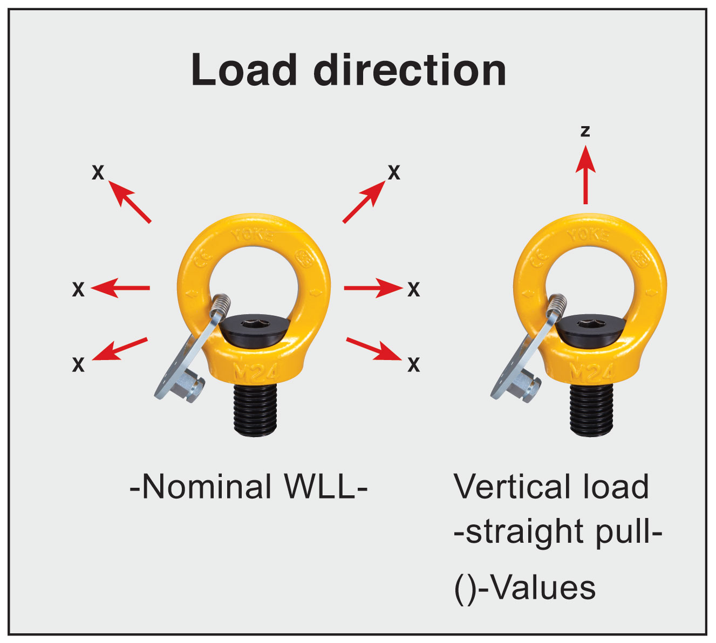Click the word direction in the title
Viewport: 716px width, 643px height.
[x=410, y=70]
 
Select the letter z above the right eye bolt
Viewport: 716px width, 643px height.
[x=585, y=131]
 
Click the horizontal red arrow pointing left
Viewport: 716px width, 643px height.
[x=120, y=288]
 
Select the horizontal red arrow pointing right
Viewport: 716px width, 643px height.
[x=372, y=288]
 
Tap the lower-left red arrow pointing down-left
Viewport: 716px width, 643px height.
[x=120, y=349]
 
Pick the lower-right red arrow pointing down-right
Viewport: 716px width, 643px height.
[x=373, y=349]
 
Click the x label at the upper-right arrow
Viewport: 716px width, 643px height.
[x=394, y=172]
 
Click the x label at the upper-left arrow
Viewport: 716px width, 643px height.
[x=98, y=172]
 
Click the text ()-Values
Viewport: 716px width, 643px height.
[x=525, y=587]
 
